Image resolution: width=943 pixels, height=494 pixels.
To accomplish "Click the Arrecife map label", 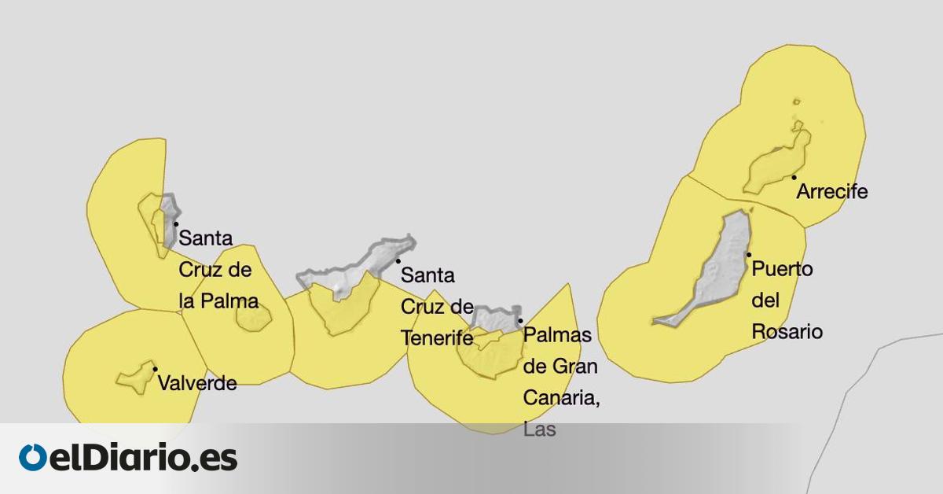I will click(831, 192).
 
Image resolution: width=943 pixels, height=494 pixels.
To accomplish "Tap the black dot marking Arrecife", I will click(794, 177).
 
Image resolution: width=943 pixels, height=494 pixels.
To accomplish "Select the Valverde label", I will click(197, 384).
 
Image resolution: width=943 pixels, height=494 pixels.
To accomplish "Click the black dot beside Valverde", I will click(155, 369).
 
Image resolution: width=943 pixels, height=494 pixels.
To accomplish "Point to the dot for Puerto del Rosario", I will click(749, 254).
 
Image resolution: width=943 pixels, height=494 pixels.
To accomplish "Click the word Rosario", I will click(787, 332).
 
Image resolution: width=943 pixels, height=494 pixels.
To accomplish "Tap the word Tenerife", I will click(437, 338).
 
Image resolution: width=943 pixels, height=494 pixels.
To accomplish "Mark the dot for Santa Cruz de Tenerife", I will click(398, 261).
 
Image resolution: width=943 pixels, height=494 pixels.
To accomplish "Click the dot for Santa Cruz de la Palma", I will click(176, 224).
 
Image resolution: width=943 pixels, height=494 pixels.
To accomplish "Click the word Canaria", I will click(561, 398).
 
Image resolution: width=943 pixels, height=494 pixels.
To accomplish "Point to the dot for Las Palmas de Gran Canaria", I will click(520, 321).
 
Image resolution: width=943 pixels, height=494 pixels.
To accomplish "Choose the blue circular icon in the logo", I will click(33, 458).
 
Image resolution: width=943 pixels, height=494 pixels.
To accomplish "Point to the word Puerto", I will click(783, 270).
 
